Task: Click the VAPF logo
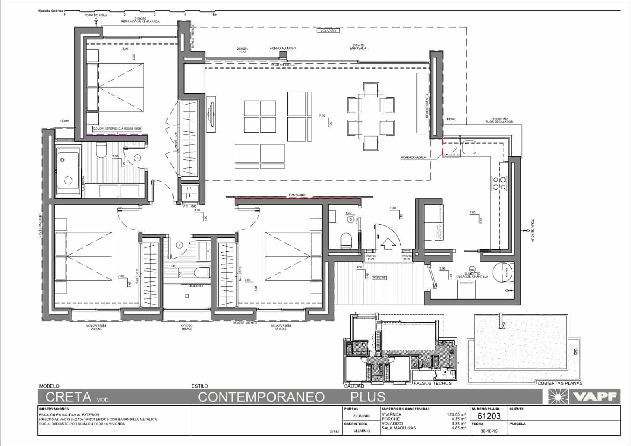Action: coord(584,396)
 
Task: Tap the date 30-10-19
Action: coord(489,431)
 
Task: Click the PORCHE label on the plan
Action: coord(379,278)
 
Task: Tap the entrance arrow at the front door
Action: coord(389,244)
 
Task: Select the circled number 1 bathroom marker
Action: coord(138,158)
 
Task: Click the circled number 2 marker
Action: coord(179,245)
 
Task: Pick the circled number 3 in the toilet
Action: coord(350,219)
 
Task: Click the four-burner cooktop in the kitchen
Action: coord(499,184)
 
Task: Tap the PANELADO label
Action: coord(297,195)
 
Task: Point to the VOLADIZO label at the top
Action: coord(328,30)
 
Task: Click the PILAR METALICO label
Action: coord(283,64)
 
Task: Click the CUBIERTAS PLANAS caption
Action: coord(560,383)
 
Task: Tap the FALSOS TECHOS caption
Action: coord(432,383)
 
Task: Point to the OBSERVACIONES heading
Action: coord(54,409)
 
